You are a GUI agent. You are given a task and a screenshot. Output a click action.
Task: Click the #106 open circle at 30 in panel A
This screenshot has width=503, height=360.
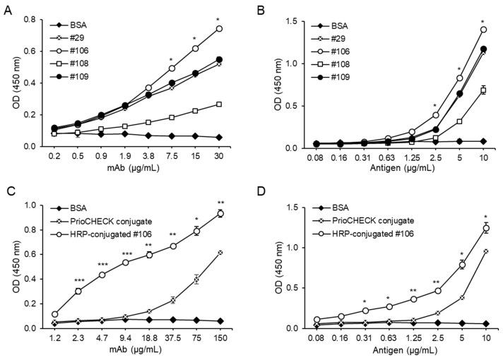click(x=219, y=29)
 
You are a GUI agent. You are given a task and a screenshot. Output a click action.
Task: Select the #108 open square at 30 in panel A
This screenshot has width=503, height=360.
click(x=219, y=104)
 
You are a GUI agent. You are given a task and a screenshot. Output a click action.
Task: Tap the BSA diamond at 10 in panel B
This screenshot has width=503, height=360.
click(x=483, y=141)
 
